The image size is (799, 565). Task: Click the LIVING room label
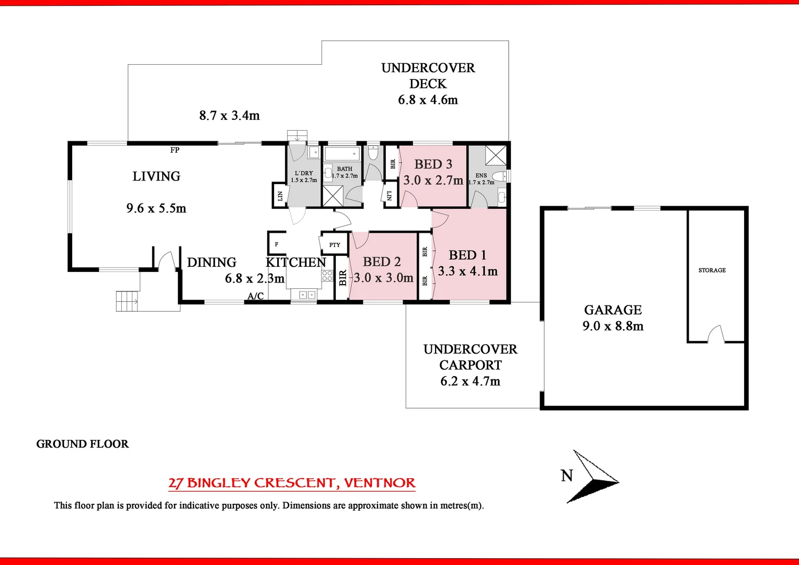tap(156, 176)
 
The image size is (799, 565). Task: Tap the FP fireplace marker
tap(175, 150)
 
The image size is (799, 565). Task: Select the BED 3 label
tap(433, 164)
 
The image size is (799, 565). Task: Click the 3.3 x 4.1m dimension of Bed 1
tap(467, 272)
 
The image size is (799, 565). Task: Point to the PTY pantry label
tap(335, 245)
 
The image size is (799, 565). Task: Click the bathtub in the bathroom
tap(342, 154)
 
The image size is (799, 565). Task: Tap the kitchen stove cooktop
tap(327, 276)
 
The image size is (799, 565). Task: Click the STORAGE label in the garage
tap(712, 270)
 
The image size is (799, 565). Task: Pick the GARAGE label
tap(613, 310)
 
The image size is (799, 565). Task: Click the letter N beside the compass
tap(567, 476)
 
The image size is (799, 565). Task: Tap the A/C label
tap(256, 296)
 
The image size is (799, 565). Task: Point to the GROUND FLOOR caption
tap(83, 444)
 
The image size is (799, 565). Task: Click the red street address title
tap(292, 483)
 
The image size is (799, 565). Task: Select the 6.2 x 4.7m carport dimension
tap(470, 381)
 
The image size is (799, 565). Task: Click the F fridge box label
tap(277, 244)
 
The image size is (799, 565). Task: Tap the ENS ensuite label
tap(481, 176)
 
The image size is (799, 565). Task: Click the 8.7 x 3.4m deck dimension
tap(230, 116)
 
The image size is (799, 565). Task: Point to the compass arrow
tap(592, 477)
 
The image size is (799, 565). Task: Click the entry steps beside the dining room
tap(127, 301)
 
